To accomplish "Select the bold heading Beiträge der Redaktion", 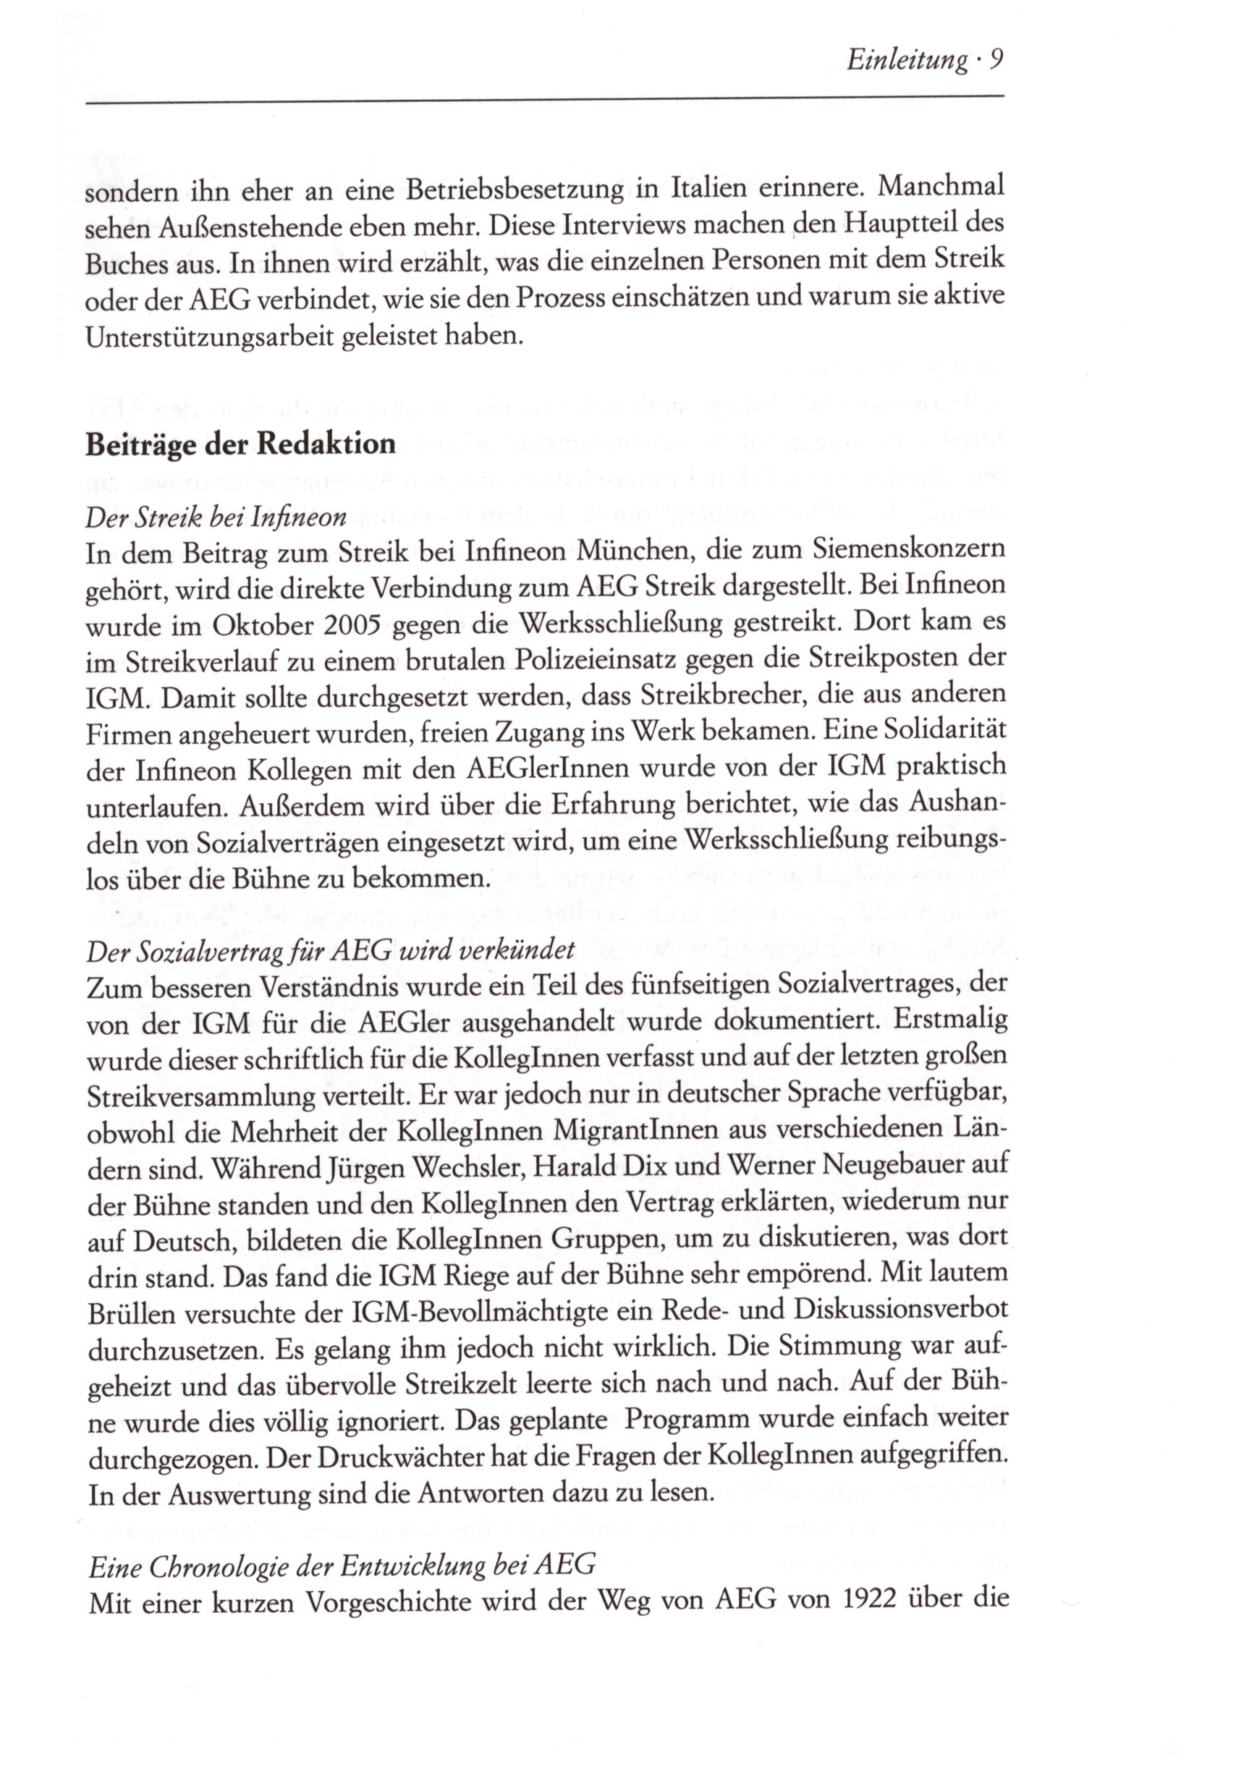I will coord(241,444).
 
